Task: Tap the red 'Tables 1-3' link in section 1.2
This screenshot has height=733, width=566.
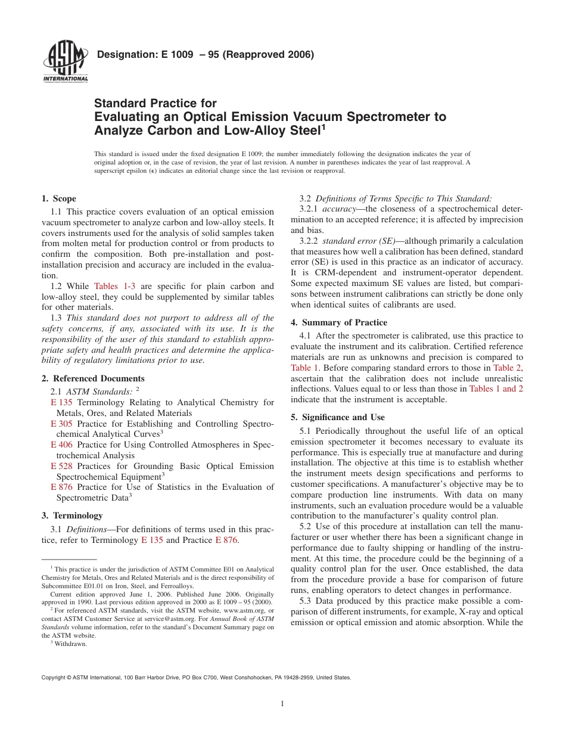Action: (114, 286)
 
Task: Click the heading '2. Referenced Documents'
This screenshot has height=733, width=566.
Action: (92, 378)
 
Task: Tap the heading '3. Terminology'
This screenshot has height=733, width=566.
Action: (71, 515)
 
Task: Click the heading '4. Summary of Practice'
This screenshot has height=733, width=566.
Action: (338, 322)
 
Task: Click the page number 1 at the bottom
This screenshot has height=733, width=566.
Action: (282, 703)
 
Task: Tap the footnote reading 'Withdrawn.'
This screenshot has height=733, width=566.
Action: (70, 644)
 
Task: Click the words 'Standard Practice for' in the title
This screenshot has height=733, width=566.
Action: (156, 104)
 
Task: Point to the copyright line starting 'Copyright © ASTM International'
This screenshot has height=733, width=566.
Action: (196, 678)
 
